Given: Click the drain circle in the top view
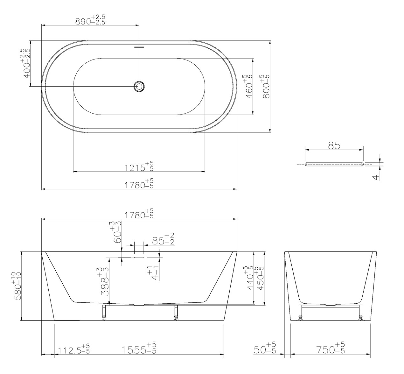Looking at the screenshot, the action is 139,86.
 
